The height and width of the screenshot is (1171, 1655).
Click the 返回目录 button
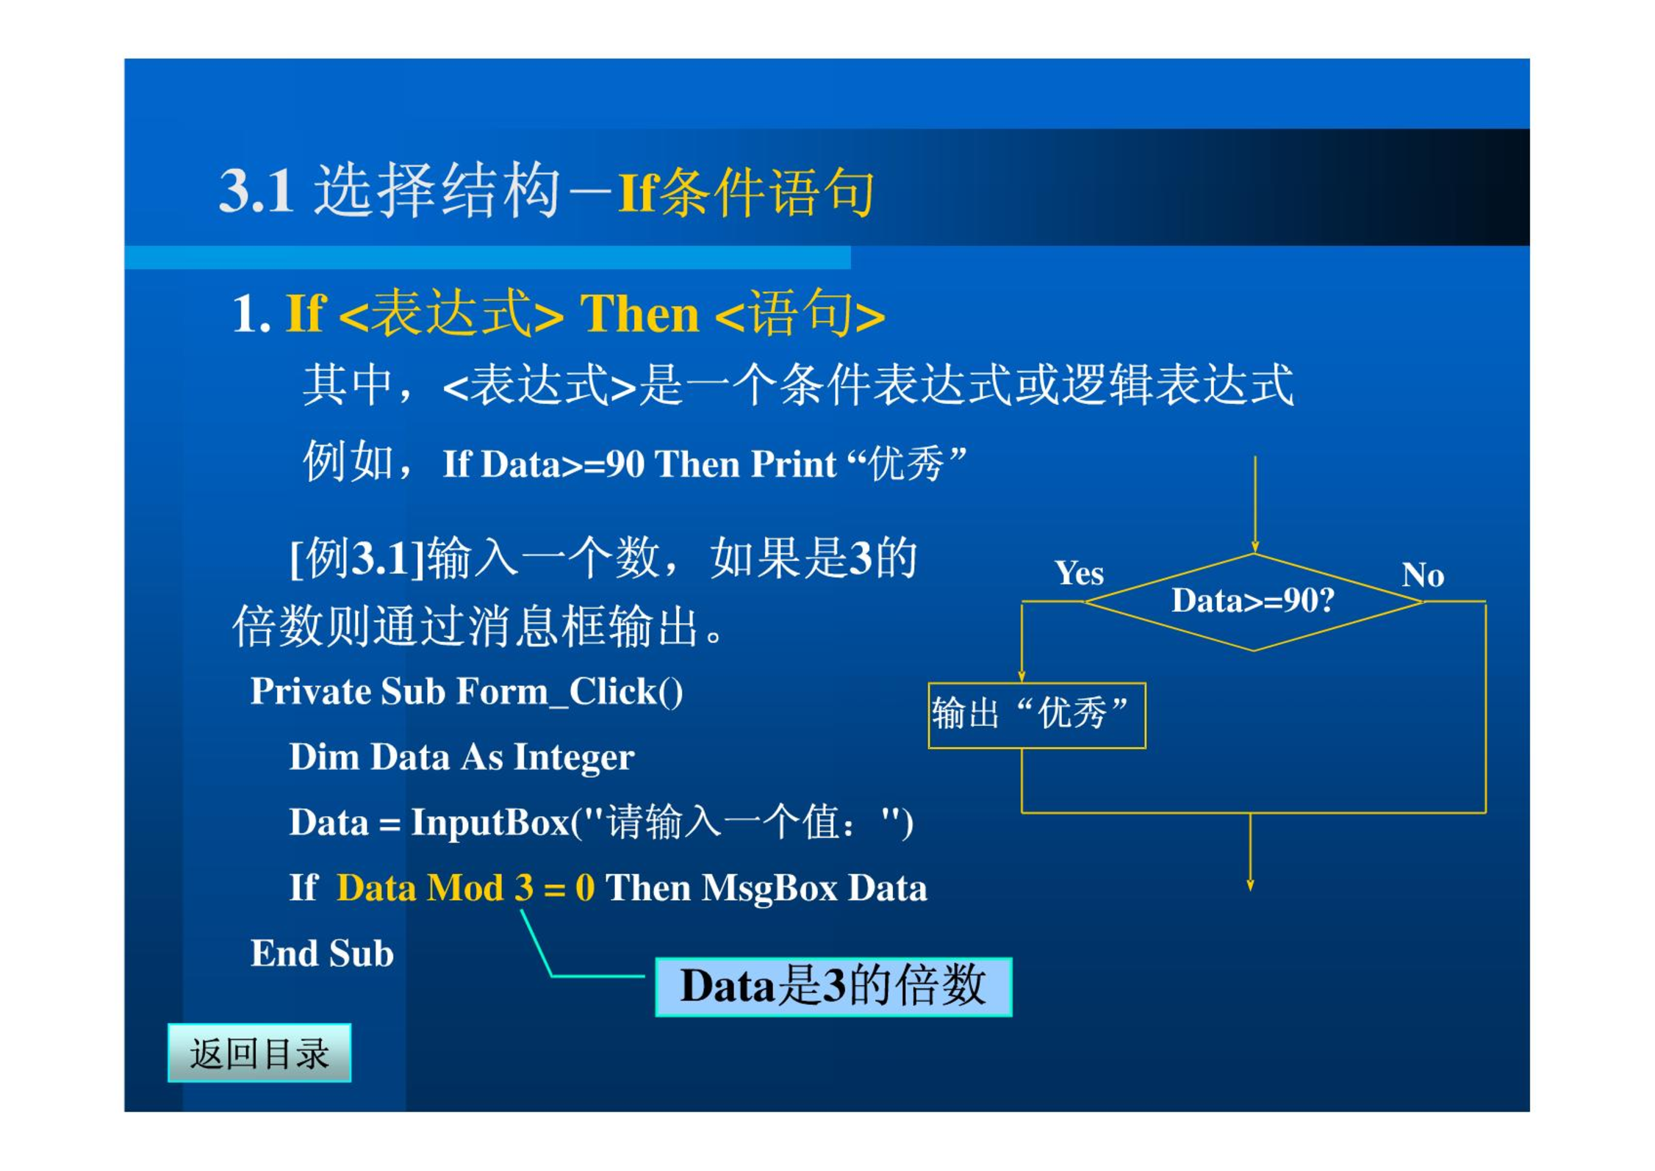click(259, 1053)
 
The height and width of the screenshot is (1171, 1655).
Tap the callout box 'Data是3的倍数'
click(833, 987)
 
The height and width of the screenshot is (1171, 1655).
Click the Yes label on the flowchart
click(1079, 573)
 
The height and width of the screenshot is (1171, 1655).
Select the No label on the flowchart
click(1423, 574)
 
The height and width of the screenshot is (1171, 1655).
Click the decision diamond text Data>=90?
click(1253, 601)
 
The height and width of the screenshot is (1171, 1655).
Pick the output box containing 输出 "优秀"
click(1037, 715)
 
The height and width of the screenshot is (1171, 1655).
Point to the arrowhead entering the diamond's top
click(1255, 547)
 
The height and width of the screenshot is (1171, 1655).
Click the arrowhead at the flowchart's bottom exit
click(1250, 885)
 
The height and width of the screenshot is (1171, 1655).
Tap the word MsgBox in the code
click(769, 888)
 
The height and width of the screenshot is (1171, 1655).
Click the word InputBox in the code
click(490, 822)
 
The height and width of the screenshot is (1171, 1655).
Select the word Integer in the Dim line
click(574, 757)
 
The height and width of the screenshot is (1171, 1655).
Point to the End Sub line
click(322, 954)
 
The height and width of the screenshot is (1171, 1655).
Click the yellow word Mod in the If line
click(465, 888)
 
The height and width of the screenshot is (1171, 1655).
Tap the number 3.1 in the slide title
click(256, 191)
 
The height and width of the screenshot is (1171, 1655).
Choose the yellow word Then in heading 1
click(639, 314)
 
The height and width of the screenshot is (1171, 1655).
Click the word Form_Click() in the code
click(570, 692)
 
